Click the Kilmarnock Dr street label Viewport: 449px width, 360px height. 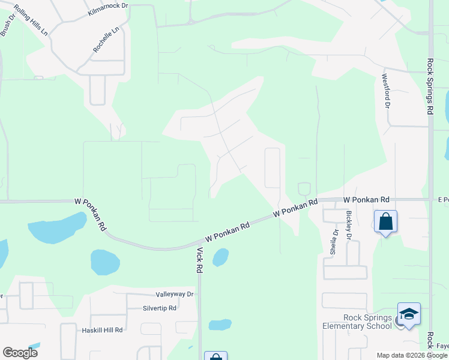(108, 8)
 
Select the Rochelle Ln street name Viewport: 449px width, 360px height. (106, 40)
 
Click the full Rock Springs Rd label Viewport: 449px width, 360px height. (430, 86)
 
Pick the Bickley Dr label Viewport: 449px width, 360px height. (348, 225)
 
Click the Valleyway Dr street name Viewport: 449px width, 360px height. (175, 295)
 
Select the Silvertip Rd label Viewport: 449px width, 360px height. (159, 308)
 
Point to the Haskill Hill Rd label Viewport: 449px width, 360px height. (101, 330)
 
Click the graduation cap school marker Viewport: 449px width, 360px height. (409, 314)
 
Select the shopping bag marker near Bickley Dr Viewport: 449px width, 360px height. (385, 222)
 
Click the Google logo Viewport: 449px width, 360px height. (20, 353)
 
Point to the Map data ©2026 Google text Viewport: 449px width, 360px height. (412, 355)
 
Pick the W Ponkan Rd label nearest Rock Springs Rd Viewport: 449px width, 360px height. (366, 199)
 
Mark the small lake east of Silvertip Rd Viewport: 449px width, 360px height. (220, 325)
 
